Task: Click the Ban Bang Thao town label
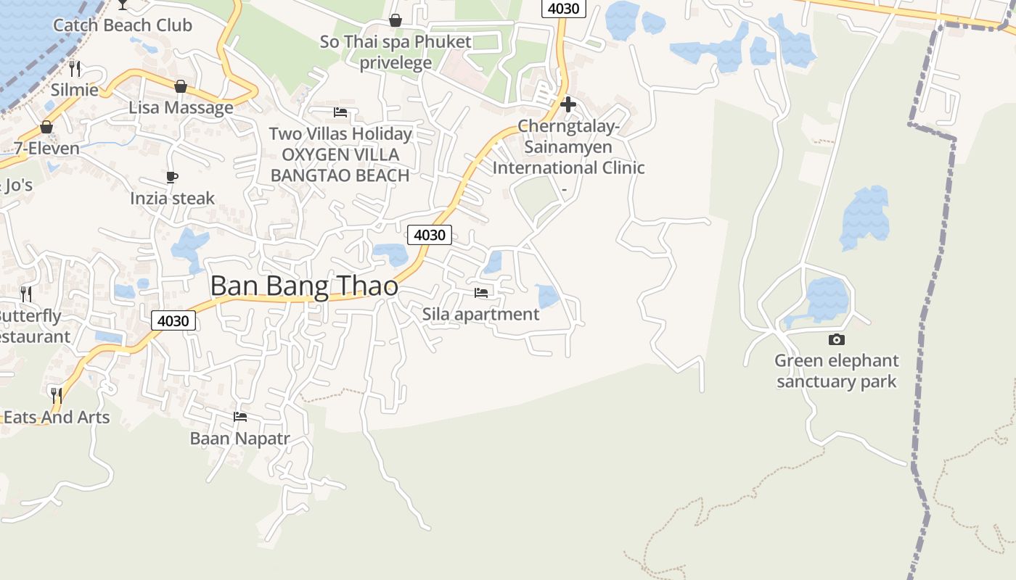tap(304, 286)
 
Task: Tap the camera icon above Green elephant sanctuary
tap(836, 339)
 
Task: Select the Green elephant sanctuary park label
tap(836, 370)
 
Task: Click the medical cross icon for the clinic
tap(568, 104)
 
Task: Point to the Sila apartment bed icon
tap(480, 293)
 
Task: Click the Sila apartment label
tap(480, 314)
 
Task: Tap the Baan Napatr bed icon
tap(240, 417)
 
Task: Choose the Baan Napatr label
tap(239, 439)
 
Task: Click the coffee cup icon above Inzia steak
tap(172, 177)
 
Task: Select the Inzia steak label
tap(173, 198)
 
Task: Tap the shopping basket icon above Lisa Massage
tap(181, 87)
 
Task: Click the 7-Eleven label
tap(47, 149)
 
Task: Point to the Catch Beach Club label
tap(123, 25)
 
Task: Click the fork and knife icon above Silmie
tap(75, 69)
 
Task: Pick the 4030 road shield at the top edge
tap(563, 9)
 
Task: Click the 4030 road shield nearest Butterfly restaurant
tap(173, 320)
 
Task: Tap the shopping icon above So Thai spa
tap(396, 20)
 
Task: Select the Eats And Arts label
tap(57, 417)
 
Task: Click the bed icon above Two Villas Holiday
tap(340, 112)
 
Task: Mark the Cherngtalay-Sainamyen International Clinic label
tap(568, 147)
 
